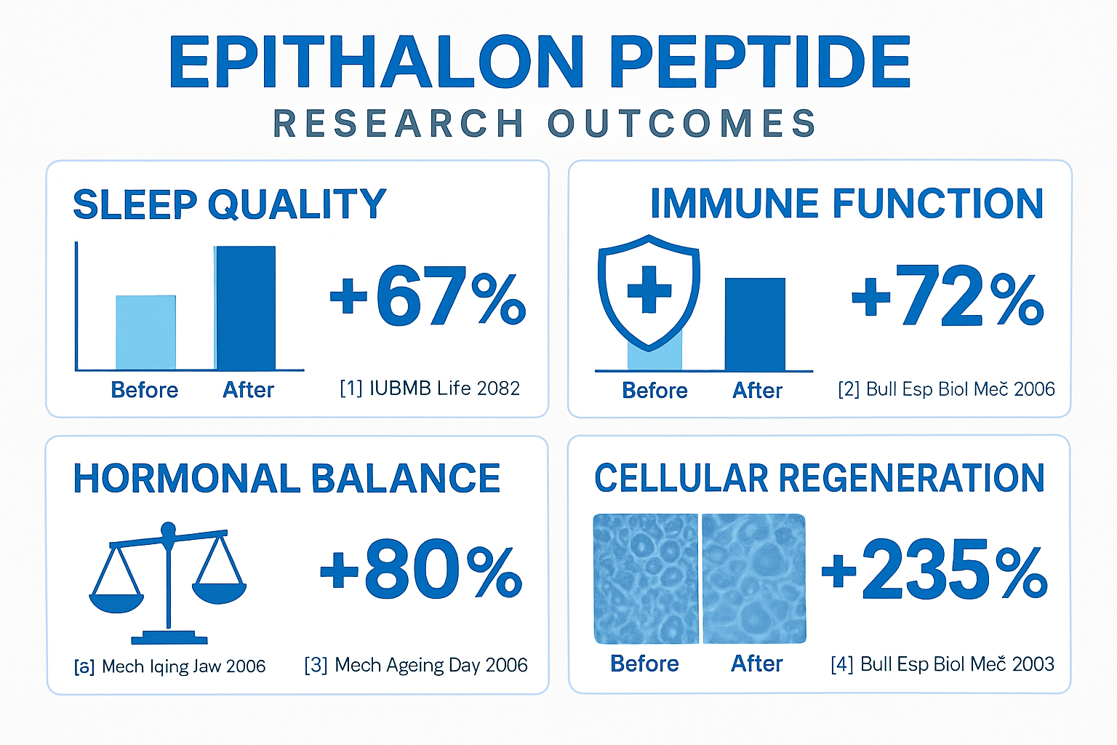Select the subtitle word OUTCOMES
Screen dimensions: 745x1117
(x=681, y=124)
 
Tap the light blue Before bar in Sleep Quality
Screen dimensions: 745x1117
(x=145, y=332)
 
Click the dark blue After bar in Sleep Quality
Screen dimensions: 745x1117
(x=245, y=308)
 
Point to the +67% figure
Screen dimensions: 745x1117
(x=428, y=296)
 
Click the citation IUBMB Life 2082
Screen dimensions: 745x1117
(x=430, y=389)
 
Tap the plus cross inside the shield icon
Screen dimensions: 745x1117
(x=649, y=289)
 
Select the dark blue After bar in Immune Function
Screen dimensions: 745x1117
(x=755, y=324)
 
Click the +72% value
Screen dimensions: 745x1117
(x=948, y=296)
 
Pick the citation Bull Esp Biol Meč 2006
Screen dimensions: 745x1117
(x=946, y=389)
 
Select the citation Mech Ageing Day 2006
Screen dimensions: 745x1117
(x=416, y=665)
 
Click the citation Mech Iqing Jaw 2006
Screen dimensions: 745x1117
(x=170, y=666)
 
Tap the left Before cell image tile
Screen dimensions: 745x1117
(x=646, y=579)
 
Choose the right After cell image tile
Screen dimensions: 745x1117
(x=753, y=579)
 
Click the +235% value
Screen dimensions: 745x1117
(x=934, y=572)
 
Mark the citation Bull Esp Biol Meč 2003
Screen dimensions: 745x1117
(x=942, y=664)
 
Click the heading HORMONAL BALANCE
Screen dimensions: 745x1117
(x=287, y=479)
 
